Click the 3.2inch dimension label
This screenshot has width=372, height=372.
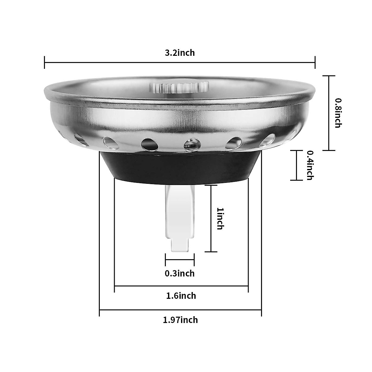click(180, 53)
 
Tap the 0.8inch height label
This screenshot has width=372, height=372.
click(338, 113)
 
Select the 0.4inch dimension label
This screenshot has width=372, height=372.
click(310, 165)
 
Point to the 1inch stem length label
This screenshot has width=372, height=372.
click(220, 219)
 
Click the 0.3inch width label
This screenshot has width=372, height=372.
click(180, 273)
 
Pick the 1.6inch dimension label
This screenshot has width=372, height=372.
click(181, 296)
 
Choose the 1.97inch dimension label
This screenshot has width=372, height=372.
click(180, 320)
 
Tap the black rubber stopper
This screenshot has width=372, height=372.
click(180, 167)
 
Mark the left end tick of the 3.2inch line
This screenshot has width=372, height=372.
click(45, 62)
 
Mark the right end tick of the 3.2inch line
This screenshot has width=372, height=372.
click(315, 62)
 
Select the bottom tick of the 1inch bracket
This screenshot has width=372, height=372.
click(211, 252)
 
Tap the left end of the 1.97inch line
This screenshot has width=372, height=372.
click(100, 310)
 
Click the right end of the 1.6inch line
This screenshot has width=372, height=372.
click(248, 286)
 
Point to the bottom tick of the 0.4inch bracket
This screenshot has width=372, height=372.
click(296, 180)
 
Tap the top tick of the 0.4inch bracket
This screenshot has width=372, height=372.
click(296, 151)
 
